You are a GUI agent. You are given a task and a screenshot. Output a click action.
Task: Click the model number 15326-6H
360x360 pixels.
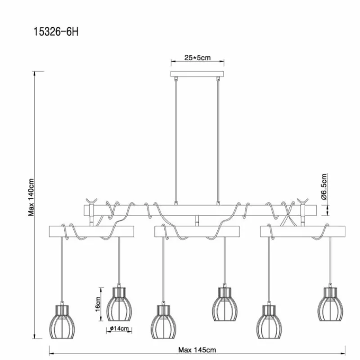click(x=56, y=31)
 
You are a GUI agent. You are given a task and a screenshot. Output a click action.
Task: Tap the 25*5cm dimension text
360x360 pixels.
click(x=198, y=58)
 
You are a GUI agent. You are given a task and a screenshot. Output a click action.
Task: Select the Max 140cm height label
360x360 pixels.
click(x=31, y=197)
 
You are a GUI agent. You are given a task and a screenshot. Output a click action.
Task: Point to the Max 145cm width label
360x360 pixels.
click(x=197, y=350)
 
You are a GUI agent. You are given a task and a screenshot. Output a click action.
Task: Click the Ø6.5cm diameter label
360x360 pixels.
click(x=324, y=187)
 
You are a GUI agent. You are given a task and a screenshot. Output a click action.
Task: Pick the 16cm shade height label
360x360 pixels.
click(x=98, y=304)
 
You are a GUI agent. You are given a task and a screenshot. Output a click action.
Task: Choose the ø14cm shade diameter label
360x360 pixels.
click(x=119, y=328)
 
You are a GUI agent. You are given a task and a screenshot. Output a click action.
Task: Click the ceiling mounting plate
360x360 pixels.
click(x=197, y=74)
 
